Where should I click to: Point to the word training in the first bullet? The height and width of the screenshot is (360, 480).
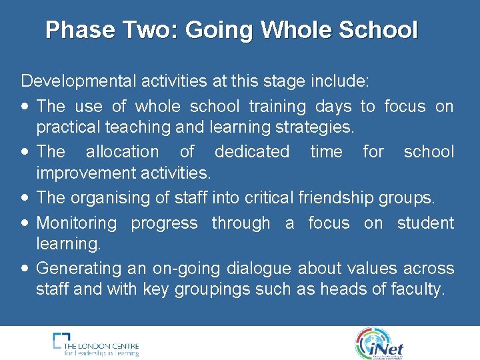pyautogui.click(x=277, y=106)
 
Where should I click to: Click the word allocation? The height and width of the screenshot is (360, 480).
pyautogui.click(x=122, y=151)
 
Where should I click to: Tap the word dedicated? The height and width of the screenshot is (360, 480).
pyautogui.click(x=252, y=151)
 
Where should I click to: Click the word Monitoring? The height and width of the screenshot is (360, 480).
pyautogui.click(x=77, y=223)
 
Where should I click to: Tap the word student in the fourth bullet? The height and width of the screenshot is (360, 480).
pyautogui.click(x=425, y=223)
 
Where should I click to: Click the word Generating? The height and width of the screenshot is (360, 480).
pyautogui.click(x=75, y=269)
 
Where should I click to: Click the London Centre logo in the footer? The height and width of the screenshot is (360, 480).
pyautogui.click(x=96, y=344)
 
